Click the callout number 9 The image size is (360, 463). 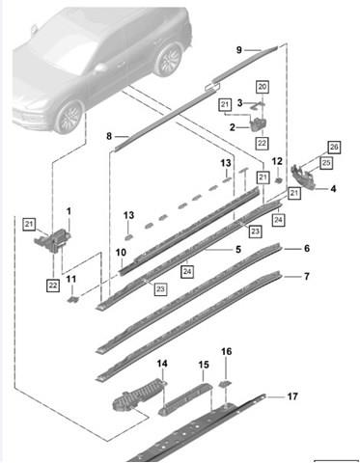tap(239, 50)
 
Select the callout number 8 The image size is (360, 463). tap(109, 136)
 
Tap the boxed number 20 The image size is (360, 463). tap(263, 87)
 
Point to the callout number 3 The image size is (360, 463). tap(240, 103)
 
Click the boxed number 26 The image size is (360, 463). tap(334, 148)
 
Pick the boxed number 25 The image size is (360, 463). tap(326, 163)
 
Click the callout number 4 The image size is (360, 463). tap(333, 189)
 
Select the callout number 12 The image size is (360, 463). tap(277, 161)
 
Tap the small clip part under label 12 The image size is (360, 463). tap(278, 180)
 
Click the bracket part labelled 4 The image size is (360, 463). tap(303, 177)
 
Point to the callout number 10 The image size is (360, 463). tap(121, 253)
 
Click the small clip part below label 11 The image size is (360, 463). tap(73, 300)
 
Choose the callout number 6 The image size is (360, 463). tap(307, 248)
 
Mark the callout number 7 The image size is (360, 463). tap(307, 276)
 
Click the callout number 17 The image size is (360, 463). tap(292, 396)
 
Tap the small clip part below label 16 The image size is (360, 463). tap(226, 382)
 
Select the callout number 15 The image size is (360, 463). tap(204, 365)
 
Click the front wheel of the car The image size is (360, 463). tap(69, 117)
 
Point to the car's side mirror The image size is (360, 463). tap(100, 68)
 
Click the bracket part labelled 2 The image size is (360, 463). tap(258, 123)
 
